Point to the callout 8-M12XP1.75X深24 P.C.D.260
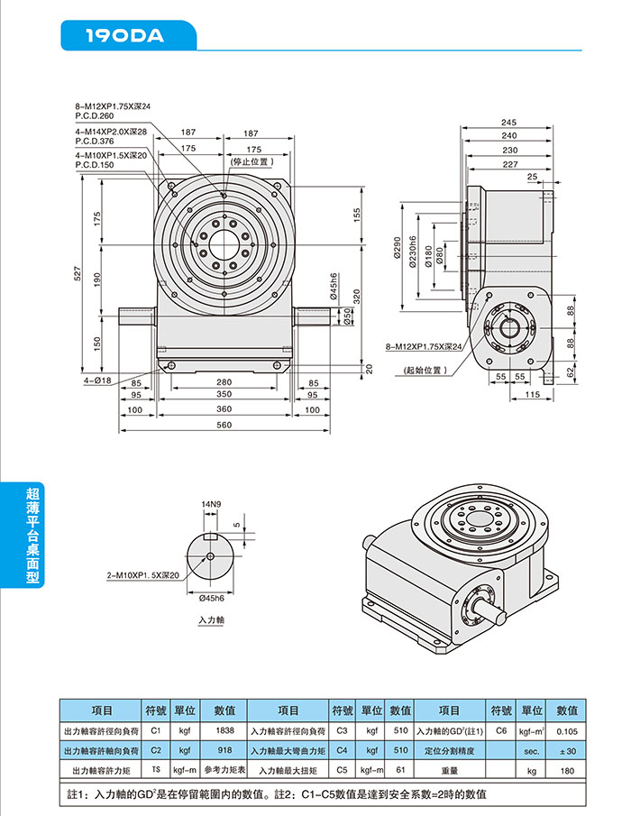pyautogui.click(x=113, y=111)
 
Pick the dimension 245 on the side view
pyautogui.click(x=509, y=122)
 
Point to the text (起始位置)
pyautogui.click(x=425, y=370)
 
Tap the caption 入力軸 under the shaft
pyautogui.click(x=211, y=621)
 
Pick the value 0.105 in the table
pyautogui.click(x=567, y=730)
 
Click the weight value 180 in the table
pyautogui.click(x=567, y=771)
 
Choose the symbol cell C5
pyautogui.click(x=343, y=771)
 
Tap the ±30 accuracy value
pyautogui.click(x=567, y=750)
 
